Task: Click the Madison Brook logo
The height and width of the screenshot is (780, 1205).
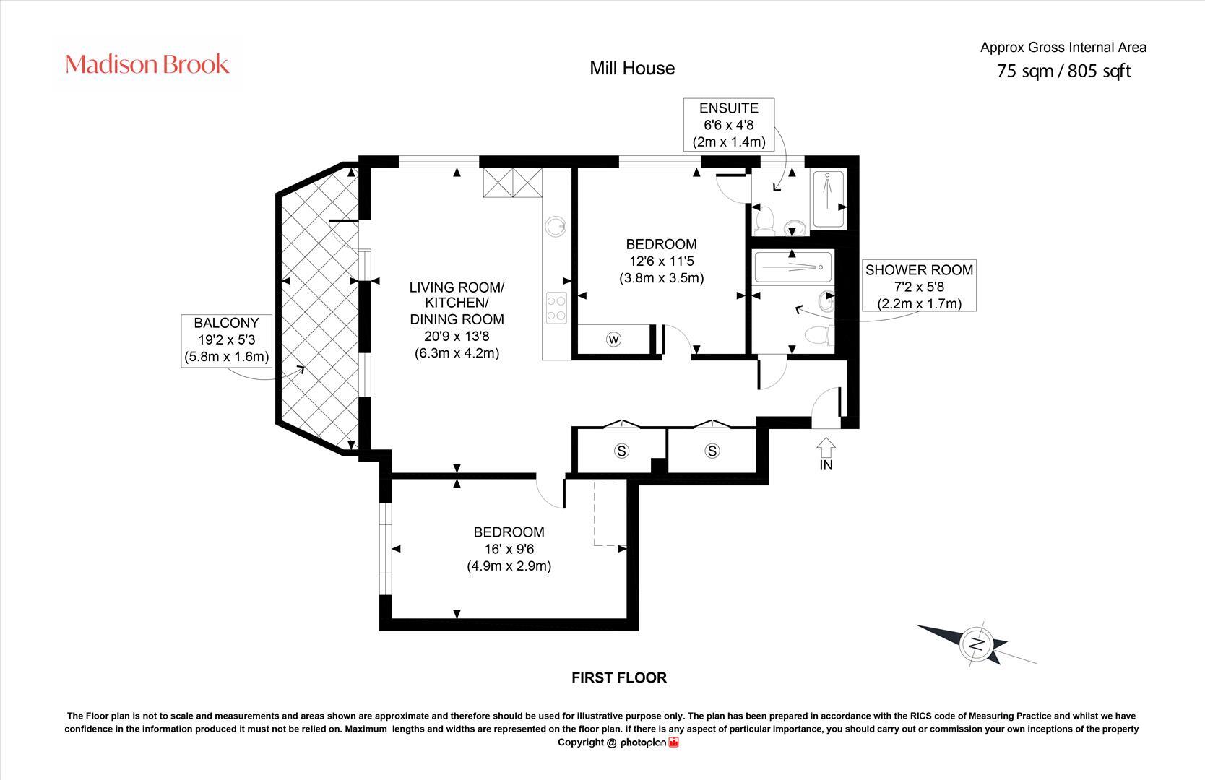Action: click(x=147, y=64)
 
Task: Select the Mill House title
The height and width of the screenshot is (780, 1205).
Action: click(x=632, y=69)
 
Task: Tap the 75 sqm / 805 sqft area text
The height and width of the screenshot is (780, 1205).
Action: click(x=1063, y=71)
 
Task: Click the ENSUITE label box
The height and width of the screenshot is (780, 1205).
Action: click(x=729, y=124)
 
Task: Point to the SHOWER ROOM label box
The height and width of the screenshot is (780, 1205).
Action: click(x=919, y=286)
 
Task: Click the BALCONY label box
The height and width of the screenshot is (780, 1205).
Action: click(x=226, y=339)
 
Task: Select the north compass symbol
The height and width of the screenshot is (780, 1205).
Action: click(x=976, y=643)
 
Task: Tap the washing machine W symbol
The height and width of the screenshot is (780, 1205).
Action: click(x=614, y=339)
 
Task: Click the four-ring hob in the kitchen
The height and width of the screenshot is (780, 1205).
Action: click(x=556, y=308)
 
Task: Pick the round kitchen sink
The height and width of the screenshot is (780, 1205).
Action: click(x=556, y=226)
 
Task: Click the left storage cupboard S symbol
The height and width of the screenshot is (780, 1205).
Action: click(x=621, y=451)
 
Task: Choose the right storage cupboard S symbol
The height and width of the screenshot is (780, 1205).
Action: click(x=712, y=451)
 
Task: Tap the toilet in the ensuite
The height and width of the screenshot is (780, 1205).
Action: click(x=764, y=217)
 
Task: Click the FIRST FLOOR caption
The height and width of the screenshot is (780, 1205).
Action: click(x=618, y=677)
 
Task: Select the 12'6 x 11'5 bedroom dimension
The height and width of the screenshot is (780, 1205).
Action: click(x=661, y=261)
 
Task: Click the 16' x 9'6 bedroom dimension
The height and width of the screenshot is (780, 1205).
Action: click(x=509, y=549)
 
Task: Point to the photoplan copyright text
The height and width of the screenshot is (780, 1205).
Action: click(x=618, y=742)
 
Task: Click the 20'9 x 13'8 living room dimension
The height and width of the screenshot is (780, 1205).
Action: click(x=457, y=336)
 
